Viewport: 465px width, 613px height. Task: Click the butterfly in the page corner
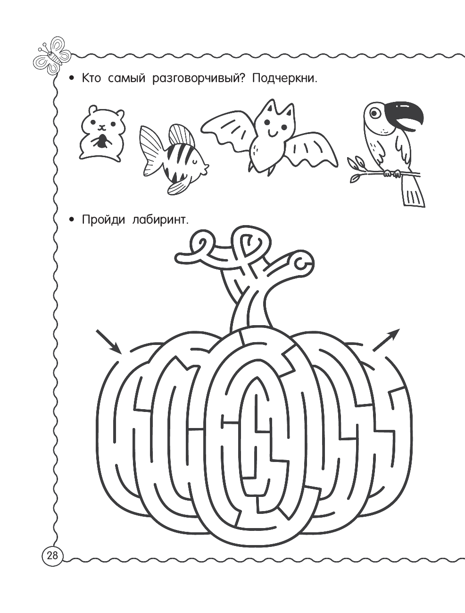52,56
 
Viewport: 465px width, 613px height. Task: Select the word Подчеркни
285,79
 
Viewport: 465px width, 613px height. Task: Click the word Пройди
103,220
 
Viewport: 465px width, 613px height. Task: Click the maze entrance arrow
108,342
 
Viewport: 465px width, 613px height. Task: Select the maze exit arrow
386,340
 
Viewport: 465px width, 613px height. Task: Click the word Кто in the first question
91,79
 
